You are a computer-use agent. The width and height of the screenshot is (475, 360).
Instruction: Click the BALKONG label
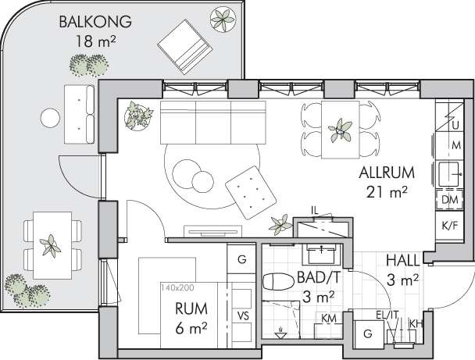[95, 22]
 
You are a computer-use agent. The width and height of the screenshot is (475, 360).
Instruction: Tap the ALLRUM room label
[387, 173]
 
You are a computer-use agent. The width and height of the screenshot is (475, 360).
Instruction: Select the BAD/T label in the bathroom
[317, 277]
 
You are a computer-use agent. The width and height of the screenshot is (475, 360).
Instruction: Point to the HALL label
[403, 260]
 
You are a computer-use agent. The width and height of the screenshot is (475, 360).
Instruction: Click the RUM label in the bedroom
[191, 308]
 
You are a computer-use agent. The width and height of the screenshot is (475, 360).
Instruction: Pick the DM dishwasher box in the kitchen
[449, 200]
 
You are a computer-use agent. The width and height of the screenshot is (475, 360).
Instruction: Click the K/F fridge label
[450, 226]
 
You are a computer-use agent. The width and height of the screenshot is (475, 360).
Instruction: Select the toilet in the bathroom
[279, 282]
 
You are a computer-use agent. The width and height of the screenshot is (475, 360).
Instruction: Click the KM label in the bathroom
[329, 318]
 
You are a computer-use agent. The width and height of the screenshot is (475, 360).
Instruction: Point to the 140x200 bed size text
[177, 287]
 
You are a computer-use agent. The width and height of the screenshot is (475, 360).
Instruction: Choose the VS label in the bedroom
[243, 316]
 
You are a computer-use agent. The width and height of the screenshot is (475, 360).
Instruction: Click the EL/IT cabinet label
[387, 315]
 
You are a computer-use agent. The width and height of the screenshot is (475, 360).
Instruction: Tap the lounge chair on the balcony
[184, 47]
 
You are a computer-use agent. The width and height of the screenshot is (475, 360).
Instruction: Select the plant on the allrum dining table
[340, 130]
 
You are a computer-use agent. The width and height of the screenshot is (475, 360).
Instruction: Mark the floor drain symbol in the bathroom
[280, 333]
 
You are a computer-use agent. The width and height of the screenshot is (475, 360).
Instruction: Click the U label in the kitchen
[455, 125]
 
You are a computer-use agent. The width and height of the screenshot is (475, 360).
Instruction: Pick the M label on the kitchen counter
[456, 145]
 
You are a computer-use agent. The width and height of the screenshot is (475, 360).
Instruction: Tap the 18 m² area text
[95, 41]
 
